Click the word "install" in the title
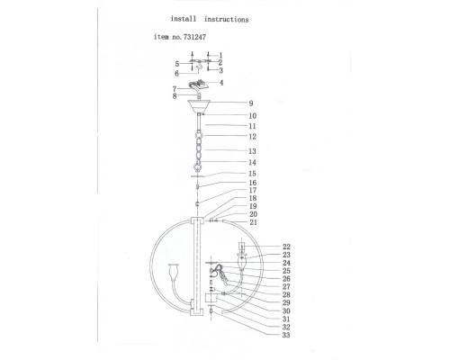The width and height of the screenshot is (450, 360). pos(184,19)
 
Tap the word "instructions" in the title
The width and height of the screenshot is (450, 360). pos(227,20)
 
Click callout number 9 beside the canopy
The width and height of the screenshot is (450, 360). pos(251,103)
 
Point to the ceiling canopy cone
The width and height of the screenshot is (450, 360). pos(199,106)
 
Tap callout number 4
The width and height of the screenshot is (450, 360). pos(221,83)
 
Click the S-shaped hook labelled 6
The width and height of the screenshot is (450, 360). pos(199,67)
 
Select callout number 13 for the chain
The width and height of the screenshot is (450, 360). pos(253,151)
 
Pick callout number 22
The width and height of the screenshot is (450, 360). pos(286,247)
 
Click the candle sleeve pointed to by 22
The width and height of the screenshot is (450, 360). pos(241,247)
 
